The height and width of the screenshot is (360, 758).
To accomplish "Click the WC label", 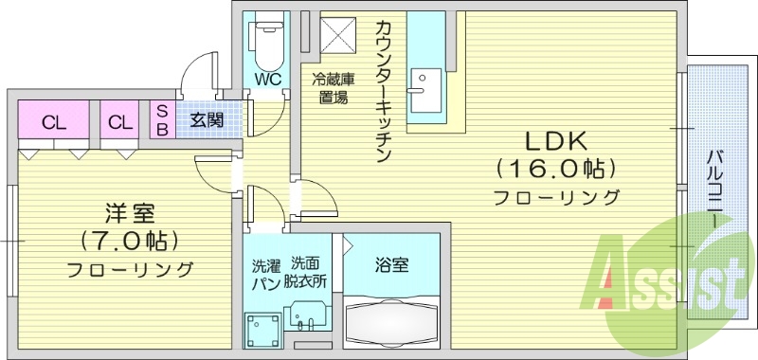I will [x=266, y=80].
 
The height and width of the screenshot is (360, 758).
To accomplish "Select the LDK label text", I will [x=557, y=141].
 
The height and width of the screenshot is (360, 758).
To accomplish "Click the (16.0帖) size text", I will [x=556, y=170].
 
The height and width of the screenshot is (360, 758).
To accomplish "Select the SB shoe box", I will [x=161, y=120].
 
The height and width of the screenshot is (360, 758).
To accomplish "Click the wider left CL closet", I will [x=53, y=121].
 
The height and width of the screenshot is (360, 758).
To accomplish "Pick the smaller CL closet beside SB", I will [x=119, y=121].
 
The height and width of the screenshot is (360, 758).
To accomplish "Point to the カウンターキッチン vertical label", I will [x=384, y=91].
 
